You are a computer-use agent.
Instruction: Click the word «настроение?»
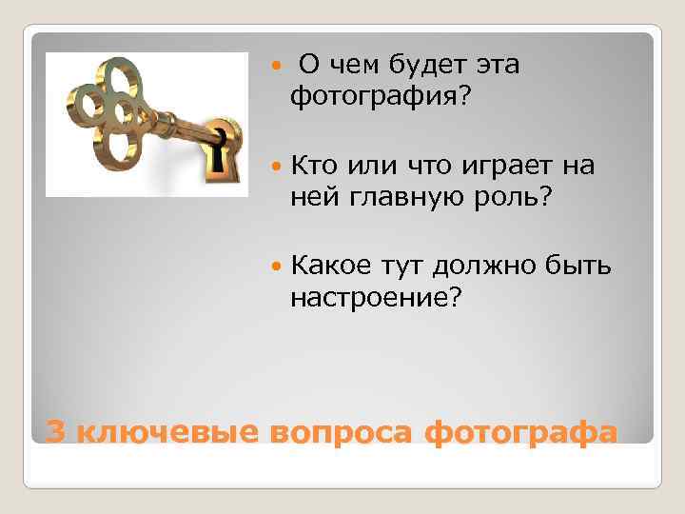(x=376, y=299)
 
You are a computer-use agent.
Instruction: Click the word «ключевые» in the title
(x=166, y=431)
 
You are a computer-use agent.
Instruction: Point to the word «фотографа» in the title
(x=520, y=431)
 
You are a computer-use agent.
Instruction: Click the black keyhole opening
(x=221, y=149)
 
